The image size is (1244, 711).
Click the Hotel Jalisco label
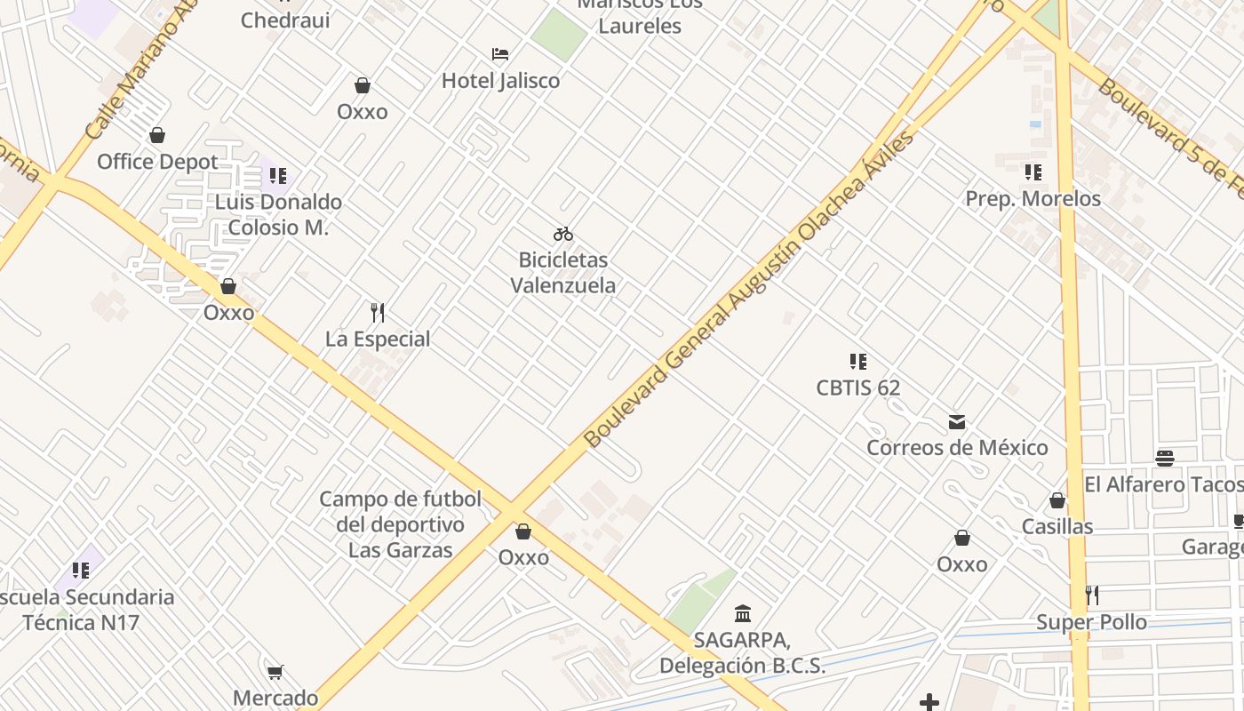coord(501,81)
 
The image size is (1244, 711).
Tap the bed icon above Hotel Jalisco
coord(500,54)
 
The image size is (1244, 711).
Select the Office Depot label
coord(157,162)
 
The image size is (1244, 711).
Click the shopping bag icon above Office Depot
coord(157,135)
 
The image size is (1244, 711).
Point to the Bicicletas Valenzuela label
coord(563,273)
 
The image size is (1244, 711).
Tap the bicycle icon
coord(563,235)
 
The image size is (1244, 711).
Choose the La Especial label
coord(378,339)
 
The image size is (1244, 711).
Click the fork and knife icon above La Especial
coord(378,313)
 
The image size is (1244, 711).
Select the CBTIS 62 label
coord(858,387)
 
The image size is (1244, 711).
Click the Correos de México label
coord(957,447)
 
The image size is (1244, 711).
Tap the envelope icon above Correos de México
coord(957,421)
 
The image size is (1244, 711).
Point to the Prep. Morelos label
coord(1033,198)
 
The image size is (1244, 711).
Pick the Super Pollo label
coord(1091,622)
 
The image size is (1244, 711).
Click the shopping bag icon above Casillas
coord(1057,501)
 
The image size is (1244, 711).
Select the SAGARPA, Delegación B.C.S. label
coord(742,652)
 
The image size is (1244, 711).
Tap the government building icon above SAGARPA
coord(743,613)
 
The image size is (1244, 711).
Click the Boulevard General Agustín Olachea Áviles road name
coord(748,289)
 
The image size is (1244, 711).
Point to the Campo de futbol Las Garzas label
coord(400,524)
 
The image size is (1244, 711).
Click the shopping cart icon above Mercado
coord(275,672)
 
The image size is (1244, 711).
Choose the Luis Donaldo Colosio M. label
coord(278,214)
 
